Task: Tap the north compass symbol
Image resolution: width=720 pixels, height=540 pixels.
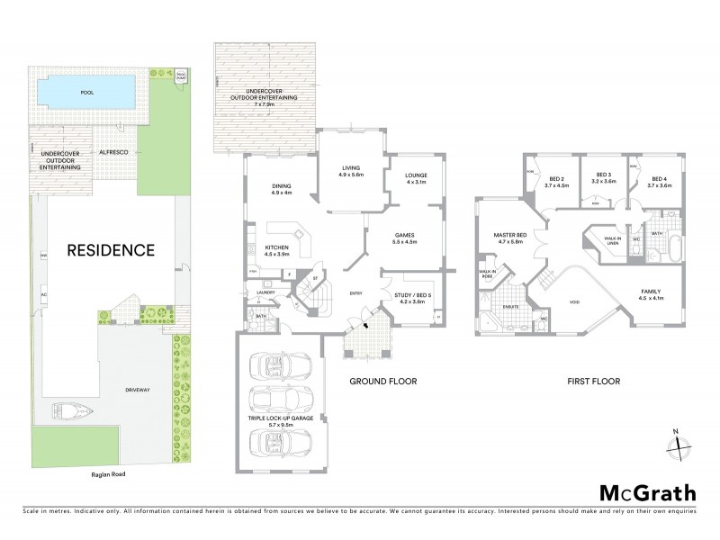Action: [680, 443]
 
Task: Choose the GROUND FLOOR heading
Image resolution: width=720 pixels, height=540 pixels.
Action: [383, 382]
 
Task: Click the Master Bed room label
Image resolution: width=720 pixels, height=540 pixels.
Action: [509, 238]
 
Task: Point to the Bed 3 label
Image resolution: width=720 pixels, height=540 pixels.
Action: [598, 179]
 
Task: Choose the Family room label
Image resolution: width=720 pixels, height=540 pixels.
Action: [652, 294]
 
